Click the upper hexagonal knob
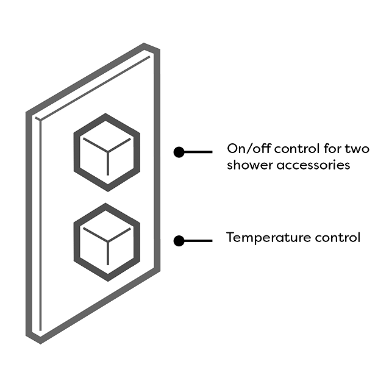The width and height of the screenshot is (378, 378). tap(107, 152)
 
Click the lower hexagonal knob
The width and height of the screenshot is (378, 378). tap(107, 242)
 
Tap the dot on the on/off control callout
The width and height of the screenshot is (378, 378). tap(179, 152)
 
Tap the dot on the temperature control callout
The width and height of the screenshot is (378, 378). tap(179, 241)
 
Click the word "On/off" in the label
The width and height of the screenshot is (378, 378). tap(249, 149)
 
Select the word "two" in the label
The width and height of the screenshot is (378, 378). tap(357, 149)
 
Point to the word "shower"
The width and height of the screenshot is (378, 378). tap(250, 165)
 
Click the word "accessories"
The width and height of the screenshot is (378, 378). tap(313, 165)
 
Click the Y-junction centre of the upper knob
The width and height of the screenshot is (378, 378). tap(108, 152)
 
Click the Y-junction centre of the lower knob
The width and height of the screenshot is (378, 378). tap(108, 241)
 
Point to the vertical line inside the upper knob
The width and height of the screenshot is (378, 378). tap(108, 163)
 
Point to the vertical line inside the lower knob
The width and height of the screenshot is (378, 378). tap(108, 253)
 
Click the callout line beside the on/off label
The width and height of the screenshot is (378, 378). tap(198, 152)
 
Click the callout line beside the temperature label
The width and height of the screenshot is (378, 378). tap(198, 241)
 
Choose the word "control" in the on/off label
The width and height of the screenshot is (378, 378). tap(297, 149)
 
